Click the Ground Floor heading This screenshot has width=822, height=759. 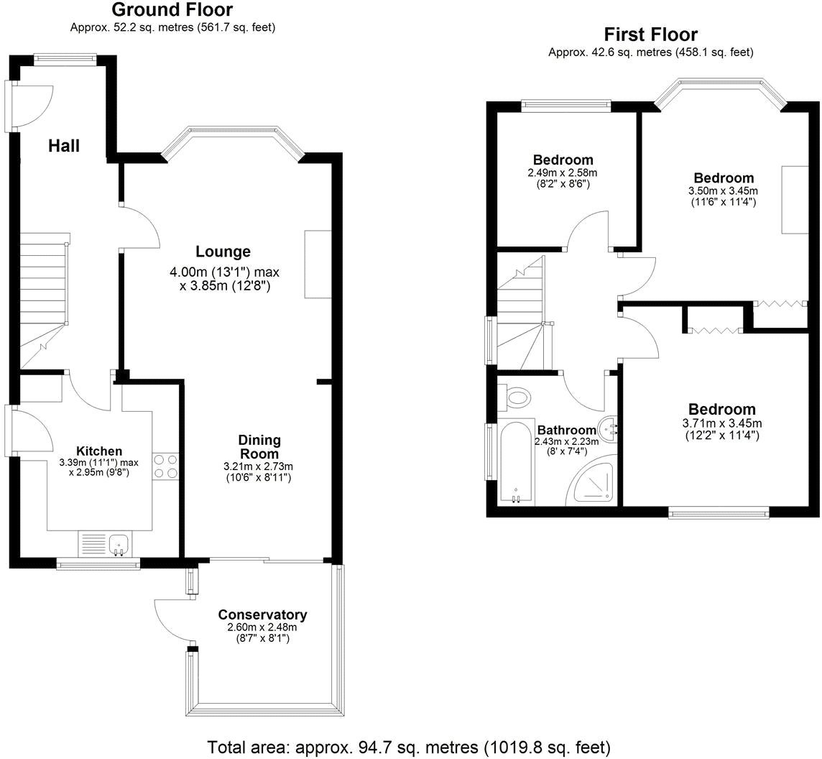coord(172,10)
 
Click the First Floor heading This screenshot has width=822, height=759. coord(650,34)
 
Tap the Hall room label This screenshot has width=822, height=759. coord(64,146)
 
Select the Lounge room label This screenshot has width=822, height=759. coord(223,252)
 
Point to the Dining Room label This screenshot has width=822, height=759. coord(259,446)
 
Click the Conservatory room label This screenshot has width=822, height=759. coord(262,615)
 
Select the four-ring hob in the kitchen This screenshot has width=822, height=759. coord(165,466)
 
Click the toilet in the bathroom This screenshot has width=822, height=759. coord(517,396)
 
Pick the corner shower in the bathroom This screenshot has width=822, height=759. coord(594,484)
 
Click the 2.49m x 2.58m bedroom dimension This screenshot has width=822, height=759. coord(563,173)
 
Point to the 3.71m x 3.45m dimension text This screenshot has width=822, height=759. coord(722,423)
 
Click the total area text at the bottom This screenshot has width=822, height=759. coord(409,746)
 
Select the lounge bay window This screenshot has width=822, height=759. coord(234,137)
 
